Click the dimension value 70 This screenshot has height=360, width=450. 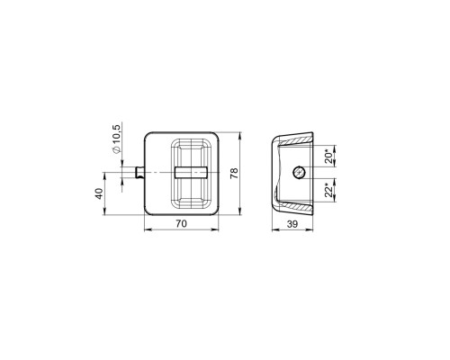182,223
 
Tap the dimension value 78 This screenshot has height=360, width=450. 234,174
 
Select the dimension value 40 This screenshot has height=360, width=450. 99,193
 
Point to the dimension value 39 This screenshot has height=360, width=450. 292,224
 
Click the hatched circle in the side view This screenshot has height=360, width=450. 299,172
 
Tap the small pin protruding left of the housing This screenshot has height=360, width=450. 140,172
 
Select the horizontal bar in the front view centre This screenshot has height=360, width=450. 191,173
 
